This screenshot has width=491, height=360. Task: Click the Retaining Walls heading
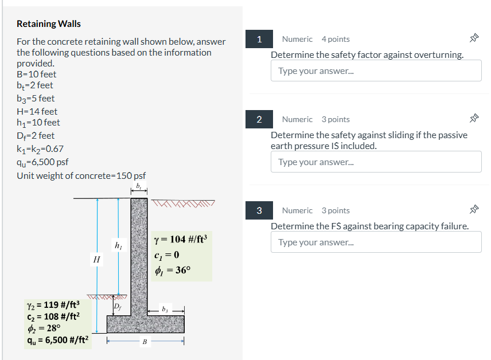click(x=49, y=24)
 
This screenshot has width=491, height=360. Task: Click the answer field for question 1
click(x=376, y=71)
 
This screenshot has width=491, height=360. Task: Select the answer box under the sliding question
click(x=376, y=162)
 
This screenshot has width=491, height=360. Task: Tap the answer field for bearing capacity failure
click(x=376, y=242)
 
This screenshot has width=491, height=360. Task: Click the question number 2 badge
click(x=259, y=119)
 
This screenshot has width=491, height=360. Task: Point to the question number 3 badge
click(x=259, y=210)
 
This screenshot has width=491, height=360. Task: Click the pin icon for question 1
click(x=474, y=39)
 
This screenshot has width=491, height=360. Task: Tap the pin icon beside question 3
click(x=474, y=210)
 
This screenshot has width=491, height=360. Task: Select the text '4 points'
click(x=336, y=39)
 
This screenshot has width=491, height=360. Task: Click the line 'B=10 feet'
click(x=37, y=75)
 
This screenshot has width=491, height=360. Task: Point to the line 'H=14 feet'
click(x=37, y=111)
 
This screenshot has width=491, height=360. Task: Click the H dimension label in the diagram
click(x=96, y=260)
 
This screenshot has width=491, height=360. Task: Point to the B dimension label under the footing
click(x=145, y=342)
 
